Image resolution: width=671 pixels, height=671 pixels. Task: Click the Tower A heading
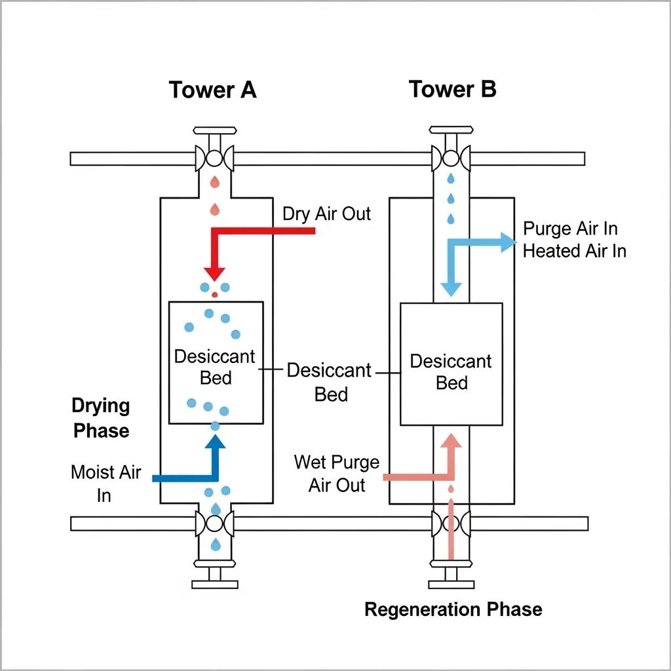[x=212, y=90]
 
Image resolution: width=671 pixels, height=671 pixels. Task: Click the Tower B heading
[x=452, y=89]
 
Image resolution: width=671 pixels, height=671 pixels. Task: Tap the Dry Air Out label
[x=326, y=214]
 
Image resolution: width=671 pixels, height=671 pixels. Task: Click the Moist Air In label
[x=105, y=483]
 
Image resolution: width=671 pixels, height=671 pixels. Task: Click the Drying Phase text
[x=101, y=418]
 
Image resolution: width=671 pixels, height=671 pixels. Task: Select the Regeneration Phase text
[x=453, y=609]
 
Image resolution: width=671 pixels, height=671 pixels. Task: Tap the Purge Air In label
[x=570, y=229]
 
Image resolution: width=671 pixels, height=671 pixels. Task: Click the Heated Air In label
[x=574, y=251]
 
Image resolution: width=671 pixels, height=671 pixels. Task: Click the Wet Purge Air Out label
[x=337, y=473]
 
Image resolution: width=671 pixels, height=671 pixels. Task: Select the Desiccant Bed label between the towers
[x=329, y=382]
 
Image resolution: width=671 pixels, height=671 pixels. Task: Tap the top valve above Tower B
[x=451, y=159]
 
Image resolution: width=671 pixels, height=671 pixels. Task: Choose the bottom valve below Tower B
[x=451, y=524]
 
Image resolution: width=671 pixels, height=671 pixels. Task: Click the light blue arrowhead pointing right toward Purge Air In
[x=508, y=242]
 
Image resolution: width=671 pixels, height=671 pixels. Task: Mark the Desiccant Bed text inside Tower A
[x=215, y=368]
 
